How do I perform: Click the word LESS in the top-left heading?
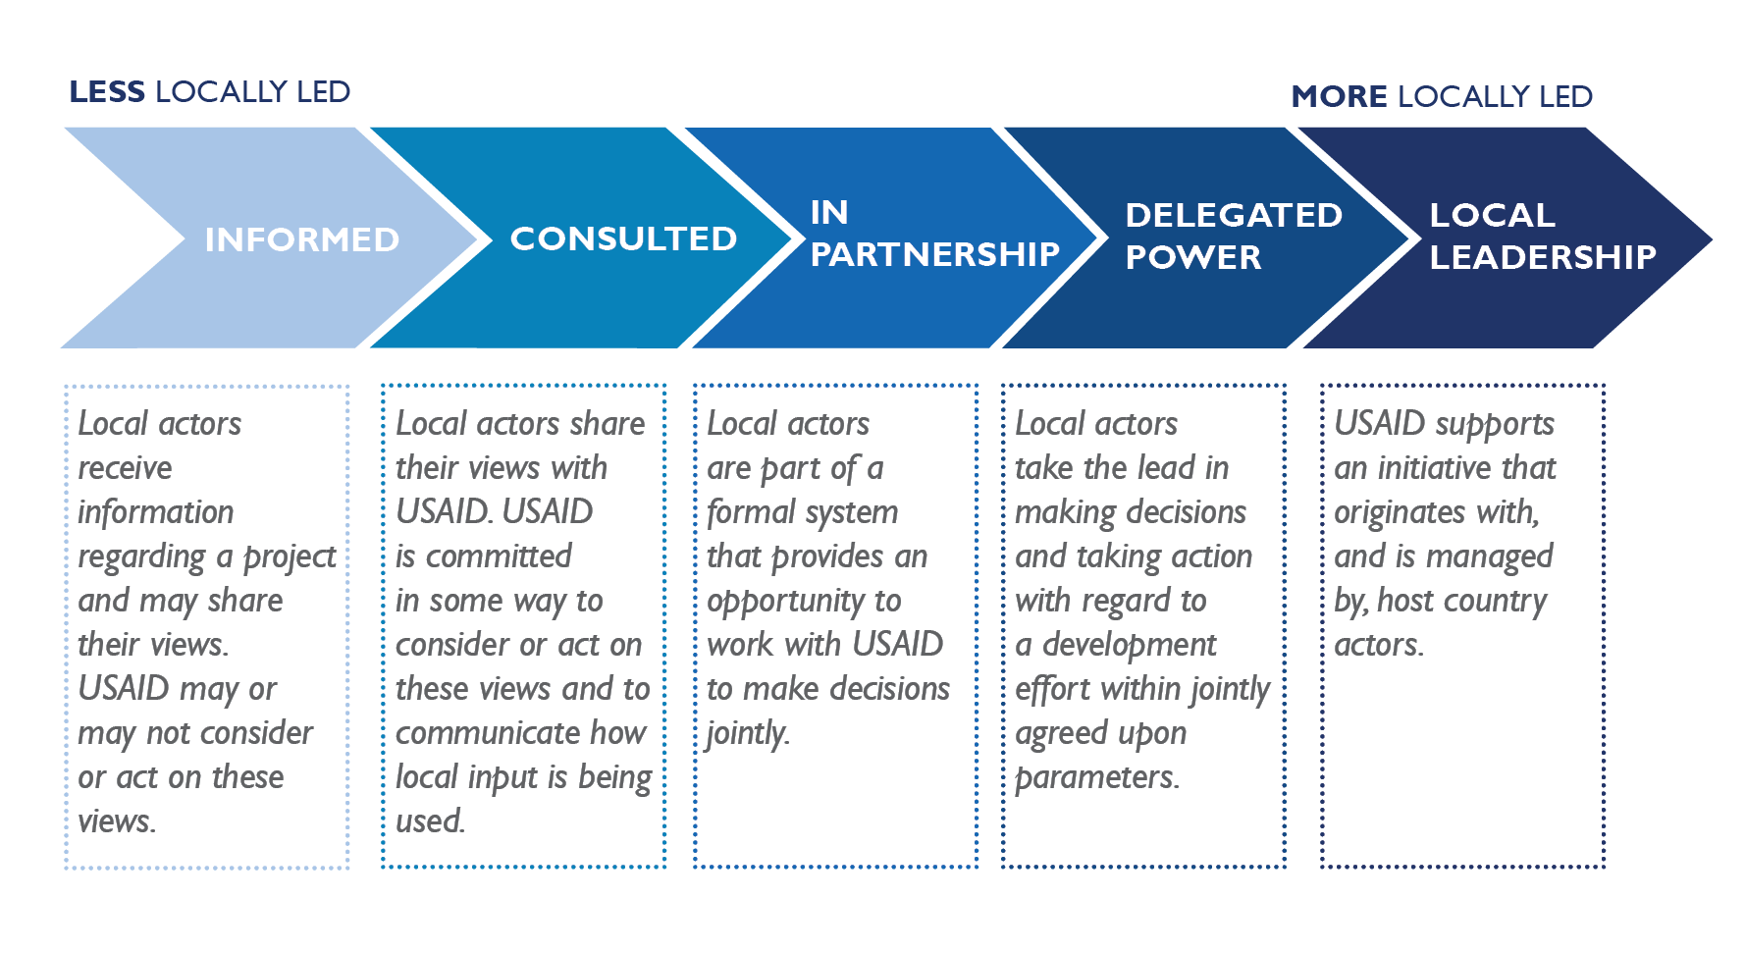coord(107,92)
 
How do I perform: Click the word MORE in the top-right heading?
coord(1340,97)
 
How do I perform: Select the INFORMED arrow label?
coord(302,239)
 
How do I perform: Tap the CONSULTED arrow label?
coord(623,238)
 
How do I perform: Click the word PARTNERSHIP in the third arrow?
coord(934,255)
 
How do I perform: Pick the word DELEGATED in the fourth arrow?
coord(1234,216)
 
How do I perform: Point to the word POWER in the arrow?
coord(1192,258)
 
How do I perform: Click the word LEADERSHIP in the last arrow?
coord(1542,258)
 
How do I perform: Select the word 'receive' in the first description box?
coord(125,468)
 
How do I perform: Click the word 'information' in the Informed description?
coord(155,512)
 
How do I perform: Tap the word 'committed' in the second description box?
coord(499,556)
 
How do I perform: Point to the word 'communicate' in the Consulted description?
coord(464,733)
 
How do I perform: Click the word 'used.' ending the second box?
coord(430,821)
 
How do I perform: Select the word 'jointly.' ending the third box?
coord(748,734)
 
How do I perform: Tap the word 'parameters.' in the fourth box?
coord(1096,778)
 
